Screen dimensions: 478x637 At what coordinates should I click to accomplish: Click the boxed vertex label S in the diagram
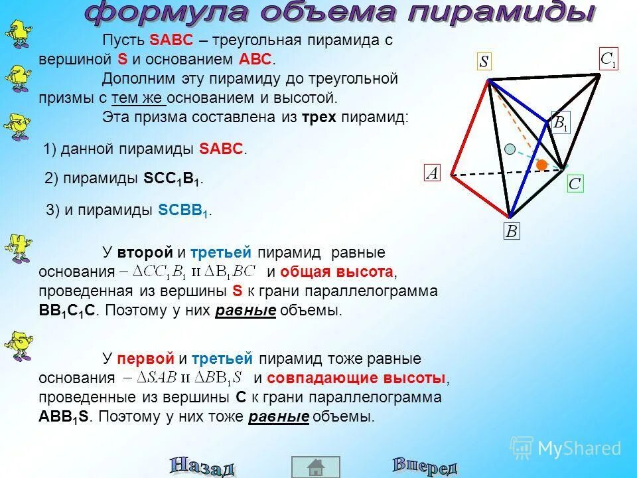click(x=484, y=62)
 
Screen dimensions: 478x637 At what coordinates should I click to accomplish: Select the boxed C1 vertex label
click(x=608, y=59)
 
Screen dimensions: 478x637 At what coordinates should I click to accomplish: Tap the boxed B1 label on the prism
click(x=561, y=123)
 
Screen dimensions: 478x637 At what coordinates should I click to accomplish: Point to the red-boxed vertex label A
click(x=433, y=174)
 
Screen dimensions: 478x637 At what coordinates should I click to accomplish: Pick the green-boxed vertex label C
click(x=575, y=184)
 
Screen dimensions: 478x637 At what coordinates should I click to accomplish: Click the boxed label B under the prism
click(x=512, y=231)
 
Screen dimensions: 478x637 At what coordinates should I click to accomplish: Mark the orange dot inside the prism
click(x=542, y=164)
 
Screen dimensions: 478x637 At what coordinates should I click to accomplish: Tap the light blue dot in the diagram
click(x=510, y=149)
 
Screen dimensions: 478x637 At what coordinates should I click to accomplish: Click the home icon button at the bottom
click(x=316, y=467)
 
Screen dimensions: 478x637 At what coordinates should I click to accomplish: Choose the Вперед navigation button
click(x=425, y=465)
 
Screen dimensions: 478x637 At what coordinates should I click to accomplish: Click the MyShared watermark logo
click(x=566, y=447)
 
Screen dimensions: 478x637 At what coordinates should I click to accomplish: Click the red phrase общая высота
click(x=337, y=272)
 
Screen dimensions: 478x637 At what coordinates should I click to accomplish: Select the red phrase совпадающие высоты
click(x=359, y=378)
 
